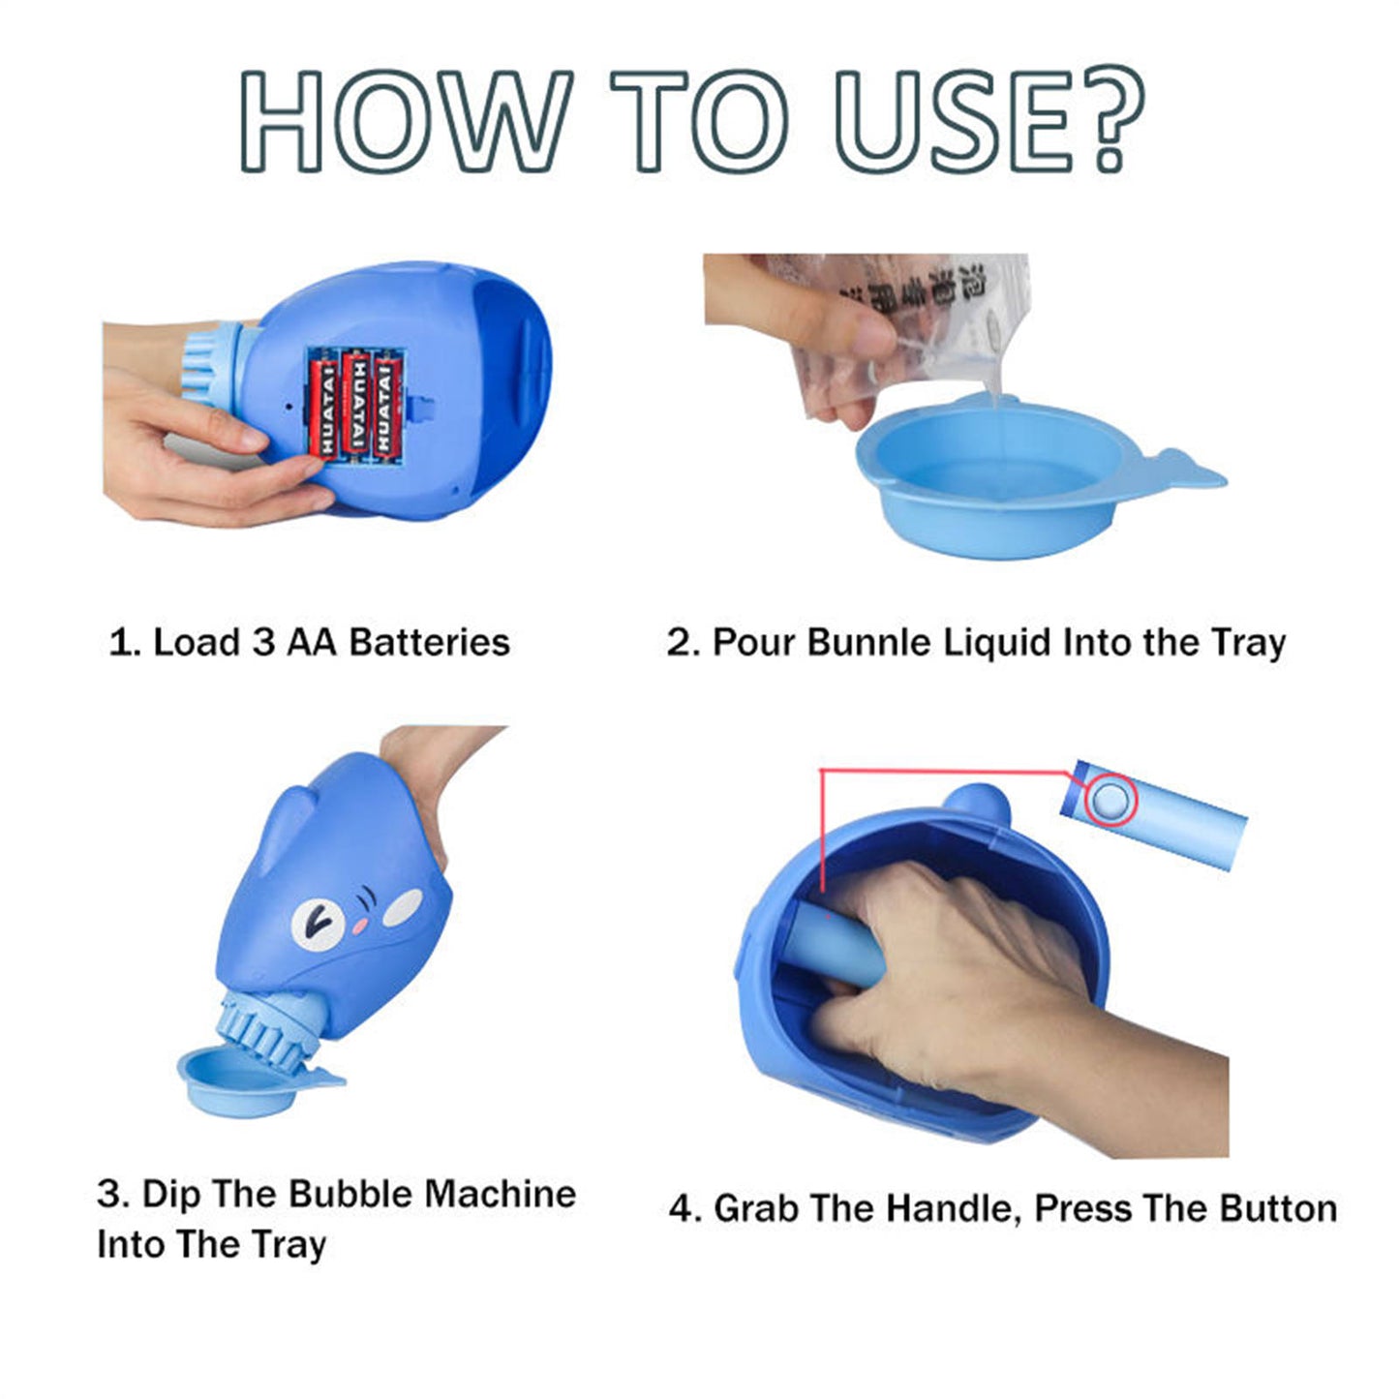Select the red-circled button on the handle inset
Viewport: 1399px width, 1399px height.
[1110, 801]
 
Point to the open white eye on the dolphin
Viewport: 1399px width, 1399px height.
[315, 921]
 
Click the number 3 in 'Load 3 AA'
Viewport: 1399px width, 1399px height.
[263, 643]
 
